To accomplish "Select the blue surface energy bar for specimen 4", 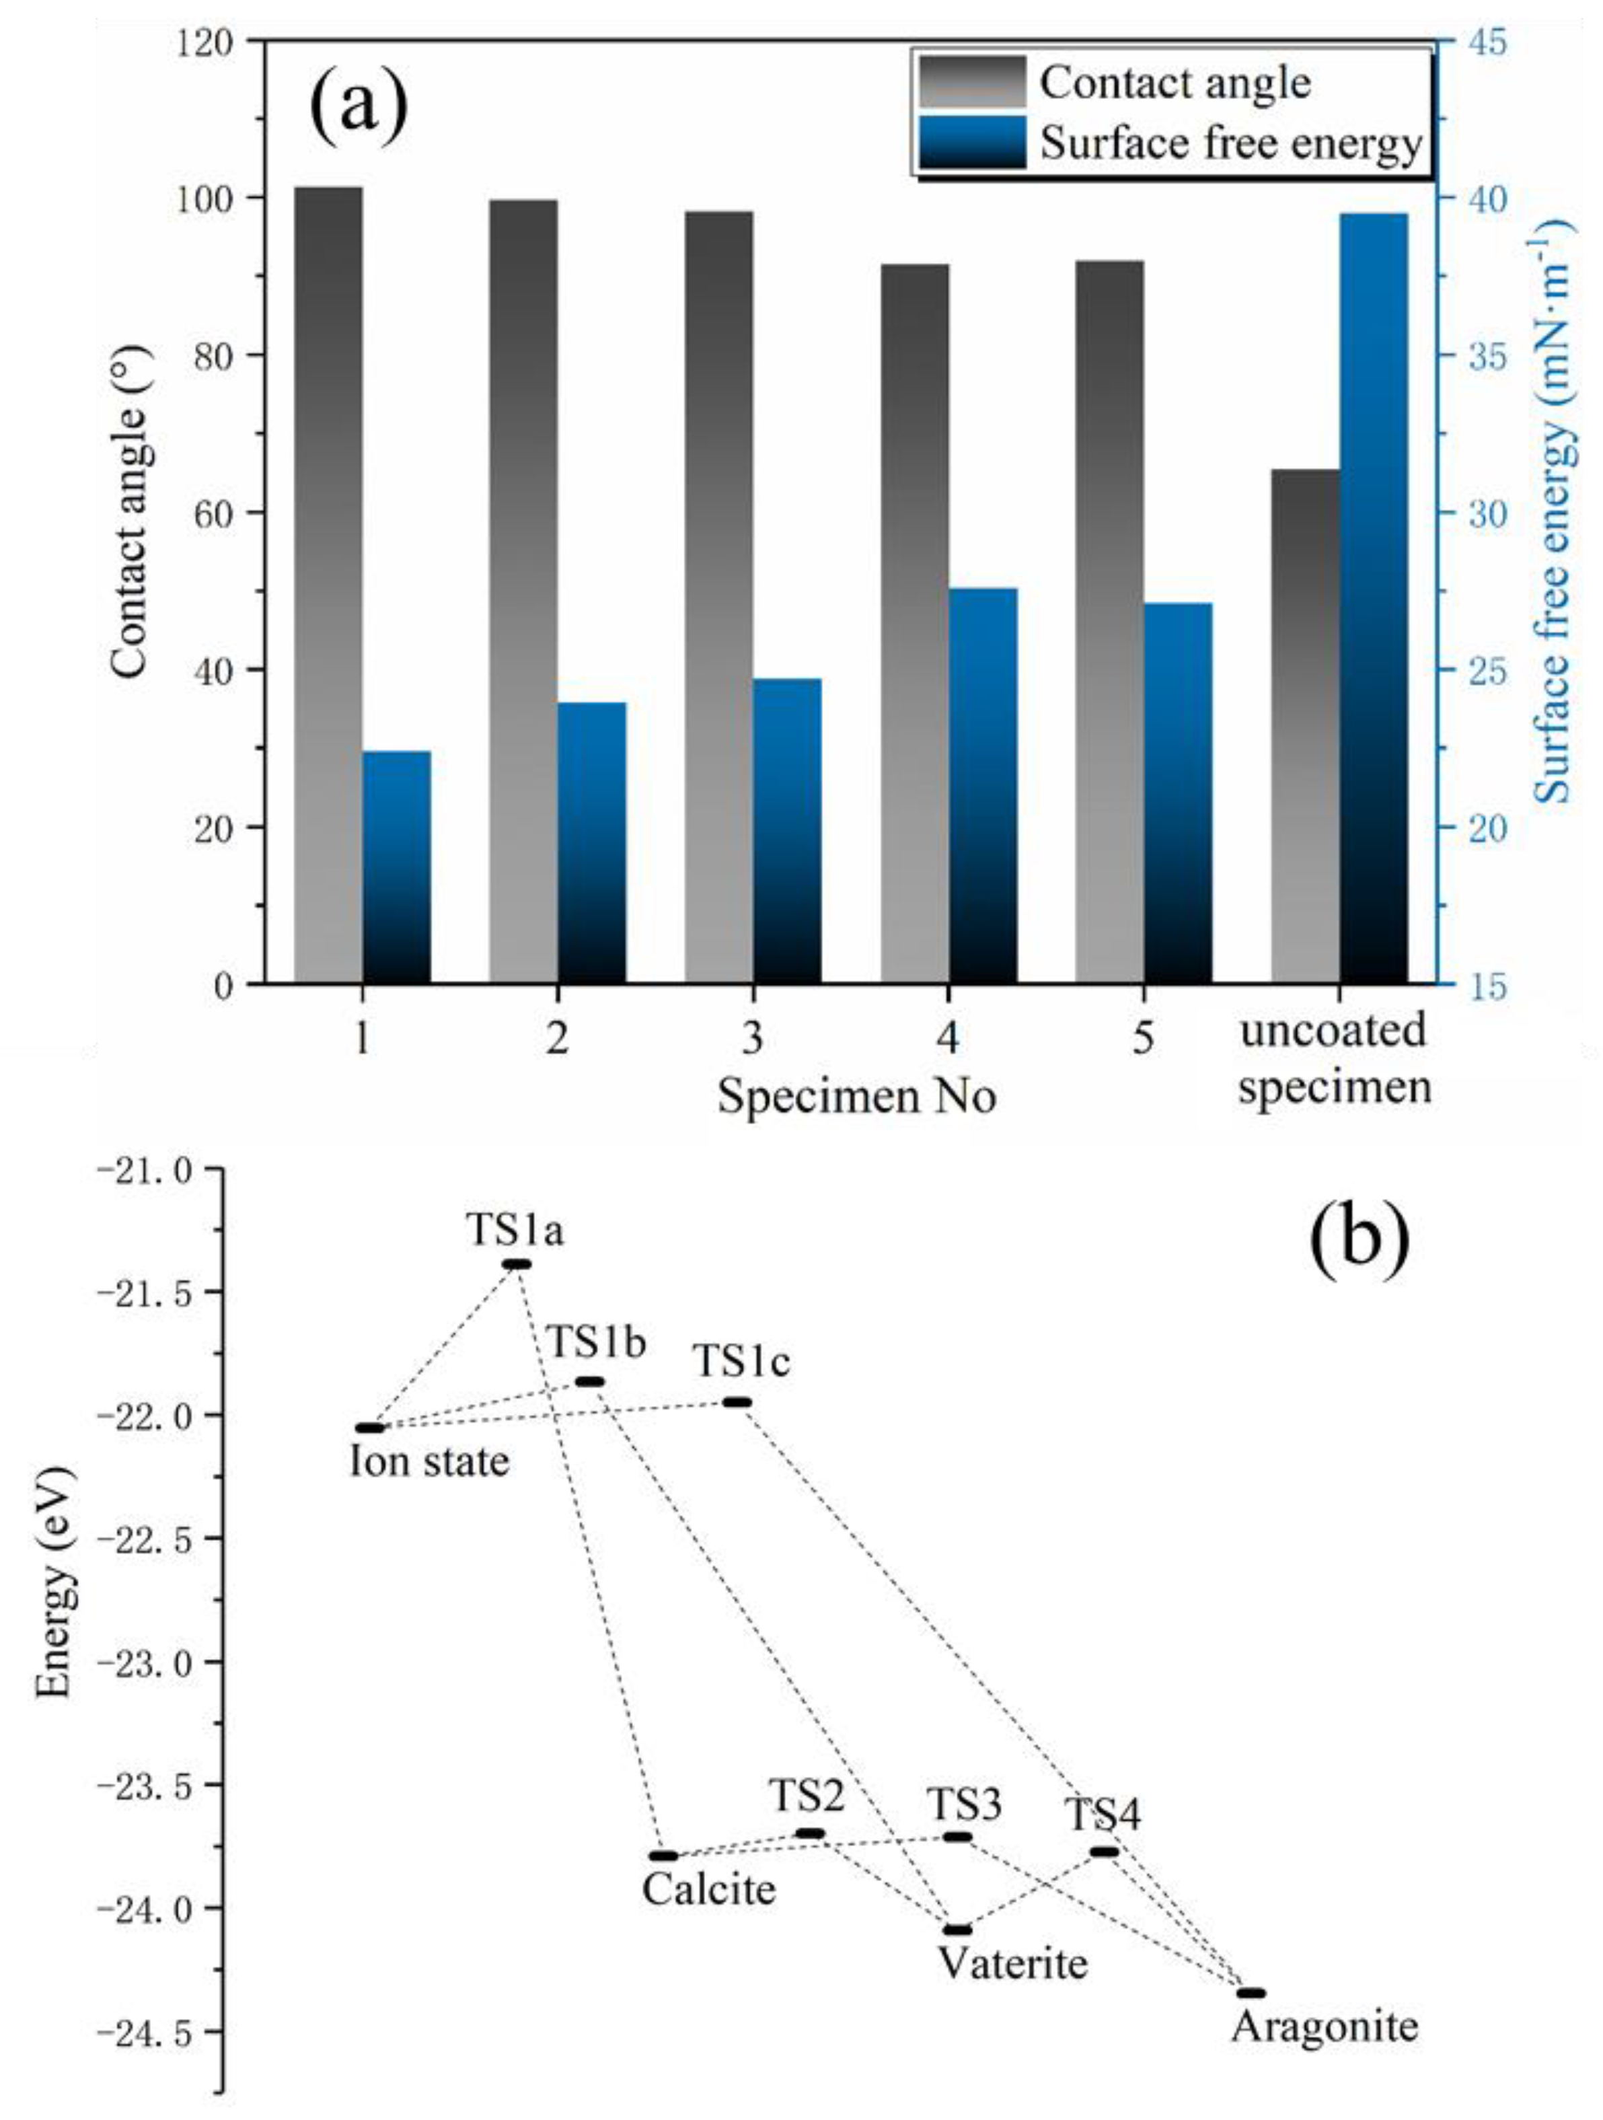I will [982, 786].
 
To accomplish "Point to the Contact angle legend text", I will [1175, 83].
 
